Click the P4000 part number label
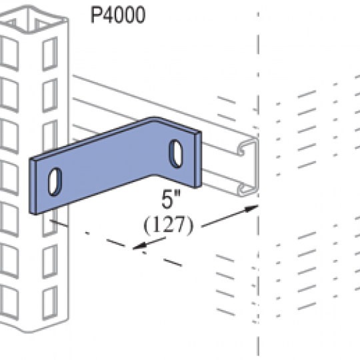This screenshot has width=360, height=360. point(118,15)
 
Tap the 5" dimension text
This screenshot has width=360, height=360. point(171,199)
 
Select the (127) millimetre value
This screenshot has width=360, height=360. point(169,225)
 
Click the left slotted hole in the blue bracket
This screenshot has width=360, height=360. point(55,182)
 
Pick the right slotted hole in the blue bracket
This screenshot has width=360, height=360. point(176,153)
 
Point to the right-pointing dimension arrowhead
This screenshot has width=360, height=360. point(251,208)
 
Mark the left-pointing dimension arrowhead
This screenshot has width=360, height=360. point(140,246)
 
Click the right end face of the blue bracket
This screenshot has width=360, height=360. point(198,159)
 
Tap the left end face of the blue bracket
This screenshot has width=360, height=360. point(33,186)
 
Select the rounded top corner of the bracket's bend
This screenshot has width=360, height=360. point(155,119)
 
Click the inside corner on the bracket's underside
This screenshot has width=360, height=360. point(153,175)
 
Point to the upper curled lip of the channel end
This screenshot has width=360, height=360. point(241,150)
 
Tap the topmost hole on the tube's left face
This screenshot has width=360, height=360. point(9,53)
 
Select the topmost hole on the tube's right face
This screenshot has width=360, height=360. point(50,53)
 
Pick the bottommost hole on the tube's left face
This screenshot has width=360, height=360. point(9,303)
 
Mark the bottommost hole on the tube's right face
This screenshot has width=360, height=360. point(50,303)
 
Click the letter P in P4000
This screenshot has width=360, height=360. point(97,15)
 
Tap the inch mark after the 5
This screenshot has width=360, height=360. point(177,193)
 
